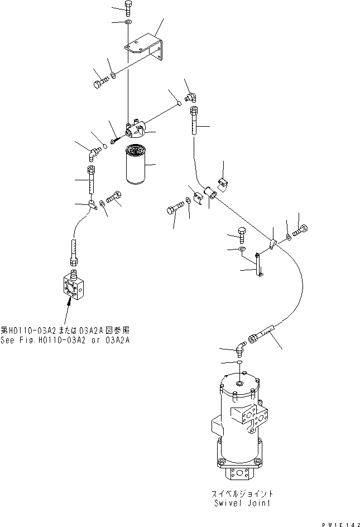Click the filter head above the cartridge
click(x=136, y=130)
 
